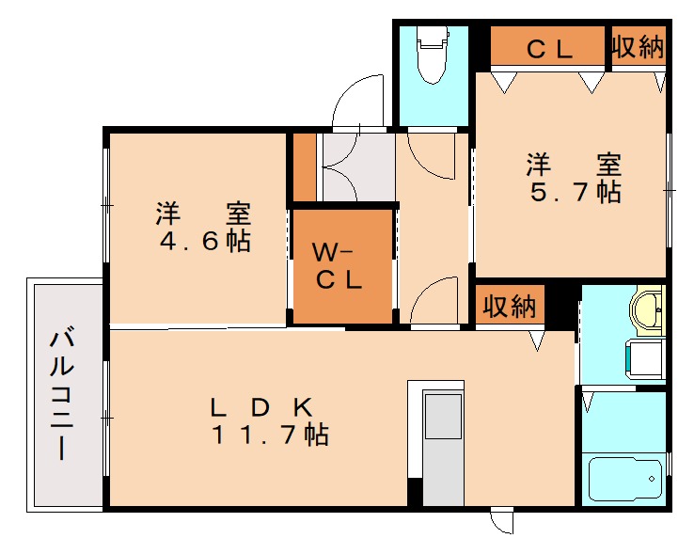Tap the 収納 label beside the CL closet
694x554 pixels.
point(639,46)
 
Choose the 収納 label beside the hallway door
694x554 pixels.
point(510,307)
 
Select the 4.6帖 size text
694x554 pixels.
point(205,241)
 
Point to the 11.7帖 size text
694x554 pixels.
point(269,435)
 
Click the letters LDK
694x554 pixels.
point(260,408)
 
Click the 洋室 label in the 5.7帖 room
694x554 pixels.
point(573,165)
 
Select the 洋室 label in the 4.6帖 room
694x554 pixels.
point(205,214)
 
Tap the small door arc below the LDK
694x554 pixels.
point(501,521)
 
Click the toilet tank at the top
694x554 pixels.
point(432,37)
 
